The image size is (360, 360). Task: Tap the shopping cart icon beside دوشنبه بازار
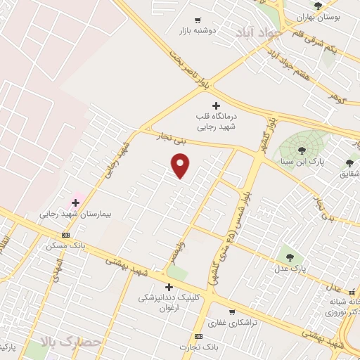[x=198, y=20]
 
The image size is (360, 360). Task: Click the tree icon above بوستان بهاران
[x=319, y=6]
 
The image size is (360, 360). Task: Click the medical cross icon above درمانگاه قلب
[x=216, y=105]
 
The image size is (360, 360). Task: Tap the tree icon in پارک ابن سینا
[x=302, y=150]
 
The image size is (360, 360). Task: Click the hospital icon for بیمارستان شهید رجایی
[x=75, y=202]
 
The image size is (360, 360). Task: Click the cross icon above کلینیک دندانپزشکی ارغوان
[x=169, y=287]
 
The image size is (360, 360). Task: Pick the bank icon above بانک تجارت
[x=198, y=337]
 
